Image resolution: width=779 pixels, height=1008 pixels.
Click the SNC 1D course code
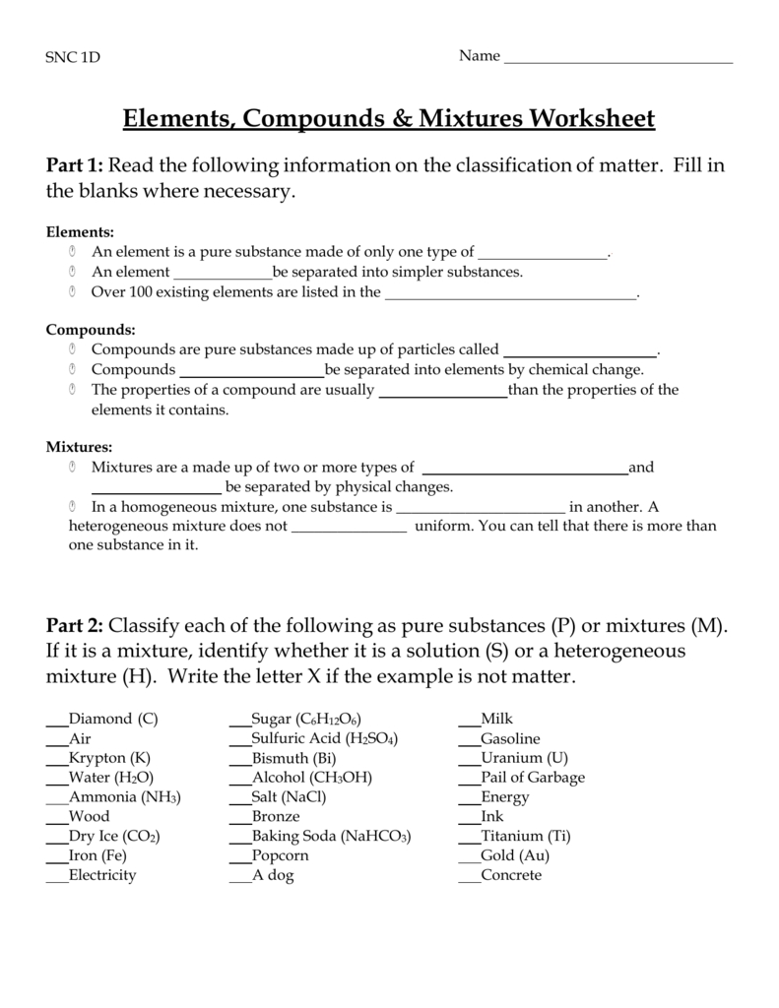(x=73, y=57)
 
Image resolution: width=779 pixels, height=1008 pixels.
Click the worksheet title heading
(x=389, y=119)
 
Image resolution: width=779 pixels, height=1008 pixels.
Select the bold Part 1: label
(x=76, y=165)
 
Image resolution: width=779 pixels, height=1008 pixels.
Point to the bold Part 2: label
(x=76, y=626)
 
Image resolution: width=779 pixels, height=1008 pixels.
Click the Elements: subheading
(x=81, y=232)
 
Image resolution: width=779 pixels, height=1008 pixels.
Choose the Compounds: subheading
(x=91, y=330)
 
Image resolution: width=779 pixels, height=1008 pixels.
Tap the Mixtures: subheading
(x=80, y=447)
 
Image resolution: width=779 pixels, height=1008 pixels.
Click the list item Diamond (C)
(x=113, y=719)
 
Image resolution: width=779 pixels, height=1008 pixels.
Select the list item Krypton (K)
(x=109, y=758)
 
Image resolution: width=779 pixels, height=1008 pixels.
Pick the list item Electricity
(x=102, y=875)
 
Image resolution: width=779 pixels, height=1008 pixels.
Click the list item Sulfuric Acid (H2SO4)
(x=325, y=738)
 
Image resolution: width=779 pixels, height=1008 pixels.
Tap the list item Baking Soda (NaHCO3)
(x=331, y=836)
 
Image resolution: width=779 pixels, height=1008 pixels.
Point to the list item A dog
(x=273, y=875)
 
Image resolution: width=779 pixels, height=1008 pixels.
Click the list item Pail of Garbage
(x=533, y=778)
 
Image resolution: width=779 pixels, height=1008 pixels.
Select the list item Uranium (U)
(x=525, y=758)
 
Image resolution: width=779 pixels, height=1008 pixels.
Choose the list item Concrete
(x=511, y=875)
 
